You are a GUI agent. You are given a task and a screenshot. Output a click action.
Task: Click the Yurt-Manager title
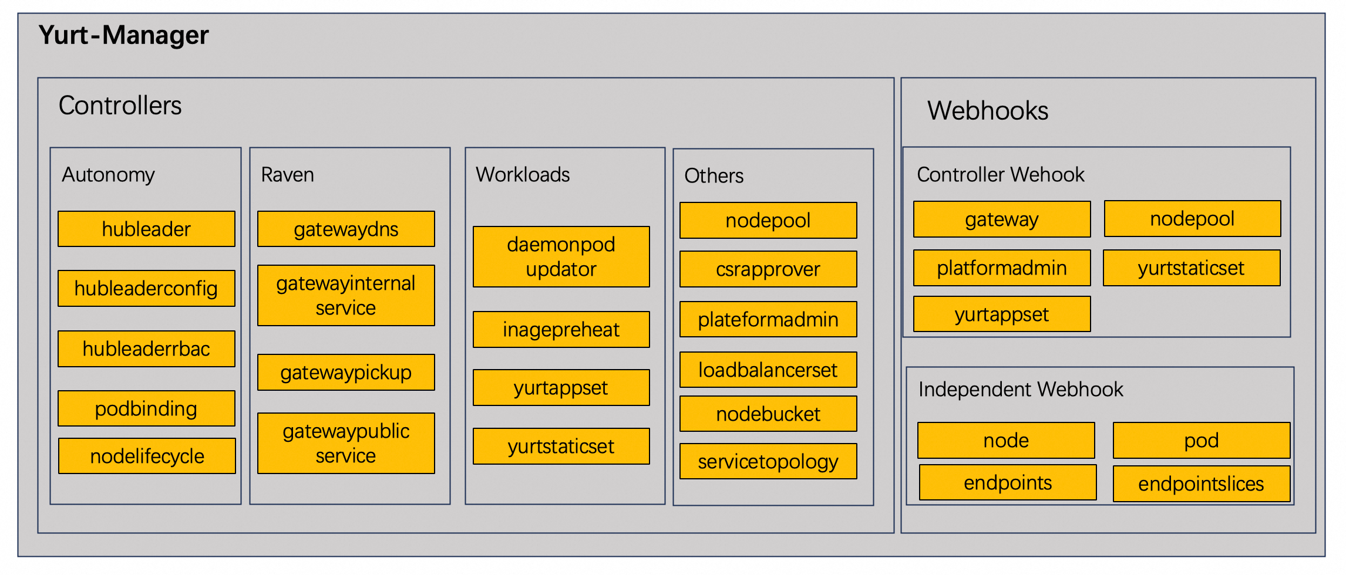pyautogui.click(x=123, y=35)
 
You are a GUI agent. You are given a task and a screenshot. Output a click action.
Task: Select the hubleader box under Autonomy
pyautogui.click(x=146, y=229)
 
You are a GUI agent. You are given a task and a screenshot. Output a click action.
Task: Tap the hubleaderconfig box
pyautogui.click(x=146, y=288)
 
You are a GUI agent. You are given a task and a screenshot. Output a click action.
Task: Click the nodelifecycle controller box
pyautogui.click(x=147, y=456)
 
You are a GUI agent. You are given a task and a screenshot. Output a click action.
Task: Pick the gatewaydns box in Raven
pyautogui.click(x=346, y=229)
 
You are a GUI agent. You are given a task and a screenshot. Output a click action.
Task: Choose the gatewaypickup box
pyautogui.click(x=346, y=372)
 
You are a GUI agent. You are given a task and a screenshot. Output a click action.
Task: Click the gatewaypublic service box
pyautogui.click(x=346, y=443)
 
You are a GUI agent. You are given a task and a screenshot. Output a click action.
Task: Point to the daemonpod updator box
pyautogui.click(x=561, y=256)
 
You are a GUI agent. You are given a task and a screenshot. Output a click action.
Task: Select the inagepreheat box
pyautogui.click(x=561, y=329)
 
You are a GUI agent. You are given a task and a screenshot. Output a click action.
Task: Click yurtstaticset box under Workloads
pyautogui.click(x=561, y=446)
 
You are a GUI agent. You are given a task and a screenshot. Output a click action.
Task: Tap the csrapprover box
pyautogui.click(x=768, y=269)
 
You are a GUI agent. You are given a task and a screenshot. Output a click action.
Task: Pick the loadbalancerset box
pyautogui.click(x=768, y=370)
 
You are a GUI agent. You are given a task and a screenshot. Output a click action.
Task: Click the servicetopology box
pyautogui.click(x=768, y=461)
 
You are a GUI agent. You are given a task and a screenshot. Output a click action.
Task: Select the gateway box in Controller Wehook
pyautogui.click(x=1001, y=219)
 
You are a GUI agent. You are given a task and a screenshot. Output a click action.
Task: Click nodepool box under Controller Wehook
pyautogui.click(x=1192, y=218)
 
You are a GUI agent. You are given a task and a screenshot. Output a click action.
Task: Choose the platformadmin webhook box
pyautogui.click(x=1001, y=268)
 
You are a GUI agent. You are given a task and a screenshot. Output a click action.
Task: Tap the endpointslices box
pyautogui.click(x=1201, y=483)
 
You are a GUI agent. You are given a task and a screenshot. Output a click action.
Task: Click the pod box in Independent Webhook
pyautogui.click(x=1201, y=440)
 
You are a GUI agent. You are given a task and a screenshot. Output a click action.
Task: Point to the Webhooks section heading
pyautogui.click(x=988, y=110)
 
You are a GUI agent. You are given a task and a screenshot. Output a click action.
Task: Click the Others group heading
pyautogui.click(x=714, y=175)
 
